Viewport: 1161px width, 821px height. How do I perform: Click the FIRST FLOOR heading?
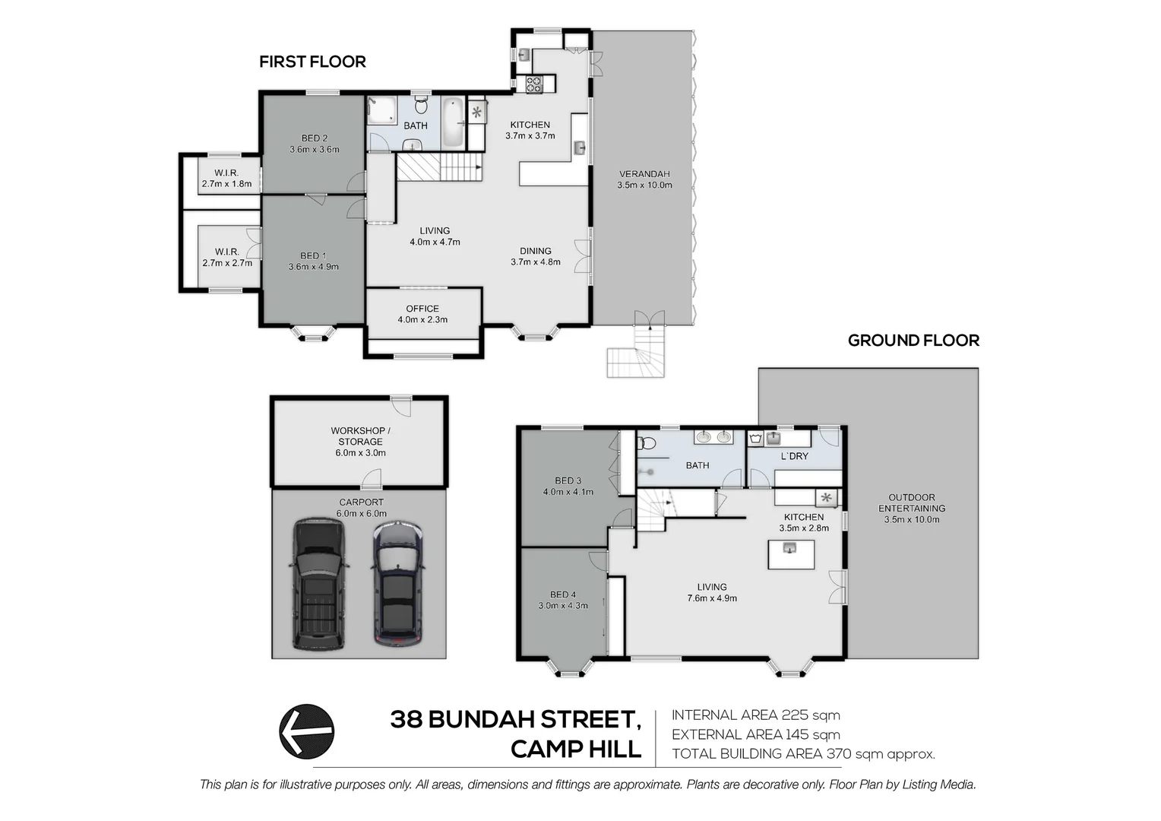312,62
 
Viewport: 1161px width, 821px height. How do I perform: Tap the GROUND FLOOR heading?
913,341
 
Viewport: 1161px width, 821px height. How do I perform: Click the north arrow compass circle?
307,731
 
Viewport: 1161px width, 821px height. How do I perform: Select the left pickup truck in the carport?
319,584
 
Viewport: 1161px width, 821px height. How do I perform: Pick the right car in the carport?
398,584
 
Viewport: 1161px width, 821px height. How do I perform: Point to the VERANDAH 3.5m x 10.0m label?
644,179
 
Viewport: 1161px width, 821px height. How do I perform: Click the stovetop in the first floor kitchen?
534,84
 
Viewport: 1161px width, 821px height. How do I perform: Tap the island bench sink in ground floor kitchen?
789,548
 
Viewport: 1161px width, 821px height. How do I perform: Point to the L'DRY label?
794,456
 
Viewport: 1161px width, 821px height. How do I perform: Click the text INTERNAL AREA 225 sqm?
756,715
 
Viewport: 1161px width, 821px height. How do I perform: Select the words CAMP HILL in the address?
576,750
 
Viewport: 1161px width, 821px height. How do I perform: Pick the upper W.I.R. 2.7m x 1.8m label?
226,179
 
